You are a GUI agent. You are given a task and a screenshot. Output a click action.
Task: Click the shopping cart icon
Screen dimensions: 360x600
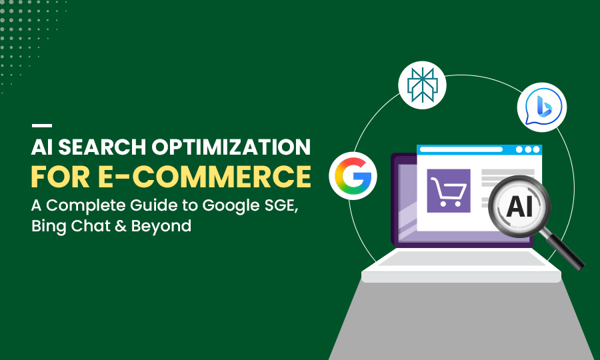click(448, 191)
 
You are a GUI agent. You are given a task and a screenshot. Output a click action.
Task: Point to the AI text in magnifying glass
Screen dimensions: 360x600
click(519, 207)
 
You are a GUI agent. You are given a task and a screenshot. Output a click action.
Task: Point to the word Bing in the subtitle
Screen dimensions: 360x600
click(51, 227)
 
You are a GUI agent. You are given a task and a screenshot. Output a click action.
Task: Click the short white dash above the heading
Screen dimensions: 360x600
click(42, 125)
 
